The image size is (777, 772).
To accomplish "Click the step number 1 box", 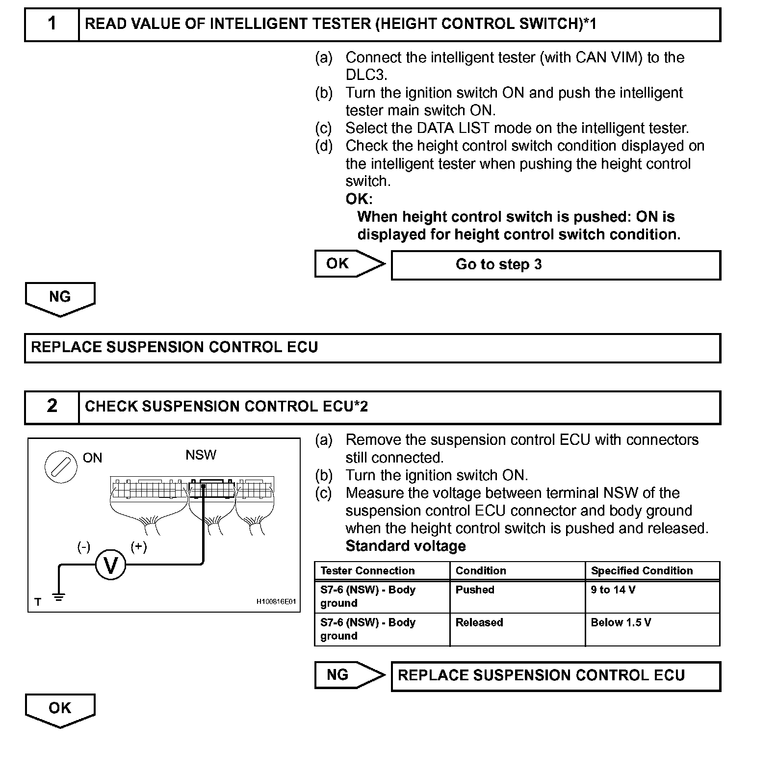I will [52, 24].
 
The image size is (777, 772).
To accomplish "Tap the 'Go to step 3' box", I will [556, 265].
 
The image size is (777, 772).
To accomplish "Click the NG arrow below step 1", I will [60, 298].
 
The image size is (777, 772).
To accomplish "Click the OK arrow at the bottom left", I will [60, 709].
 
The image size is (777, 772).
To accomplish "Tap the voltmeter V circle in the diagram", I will [110, 566].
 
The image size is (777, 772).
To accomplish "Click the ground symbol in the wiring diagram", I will [59, 598].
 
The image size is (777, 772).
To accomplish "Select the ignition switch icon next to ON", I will [61, 466].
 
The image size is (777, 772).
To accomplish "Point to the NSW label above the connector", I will [201, 455].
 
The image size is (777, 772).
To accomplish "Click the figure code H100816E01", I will [276, 601].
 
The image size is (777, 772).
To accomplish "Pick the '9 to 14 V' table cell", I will [652, 596].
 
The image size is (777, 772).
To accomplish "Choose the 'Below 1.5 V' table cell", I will [652, 629].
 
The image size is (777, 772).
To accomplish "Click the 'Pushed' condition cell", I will [517, 596].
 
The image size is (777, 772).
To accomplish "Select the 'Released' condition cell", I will [517, 629].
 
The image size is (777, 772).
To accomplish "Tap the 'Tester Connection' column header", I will [382, 571].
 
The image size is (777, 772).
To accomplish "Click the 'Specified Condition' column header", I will [652, 571].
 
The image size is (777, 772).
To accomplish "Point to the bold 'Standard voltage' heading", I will [406, 546].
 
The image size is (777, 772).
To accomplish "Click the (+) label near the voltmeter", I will [139, 547].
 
